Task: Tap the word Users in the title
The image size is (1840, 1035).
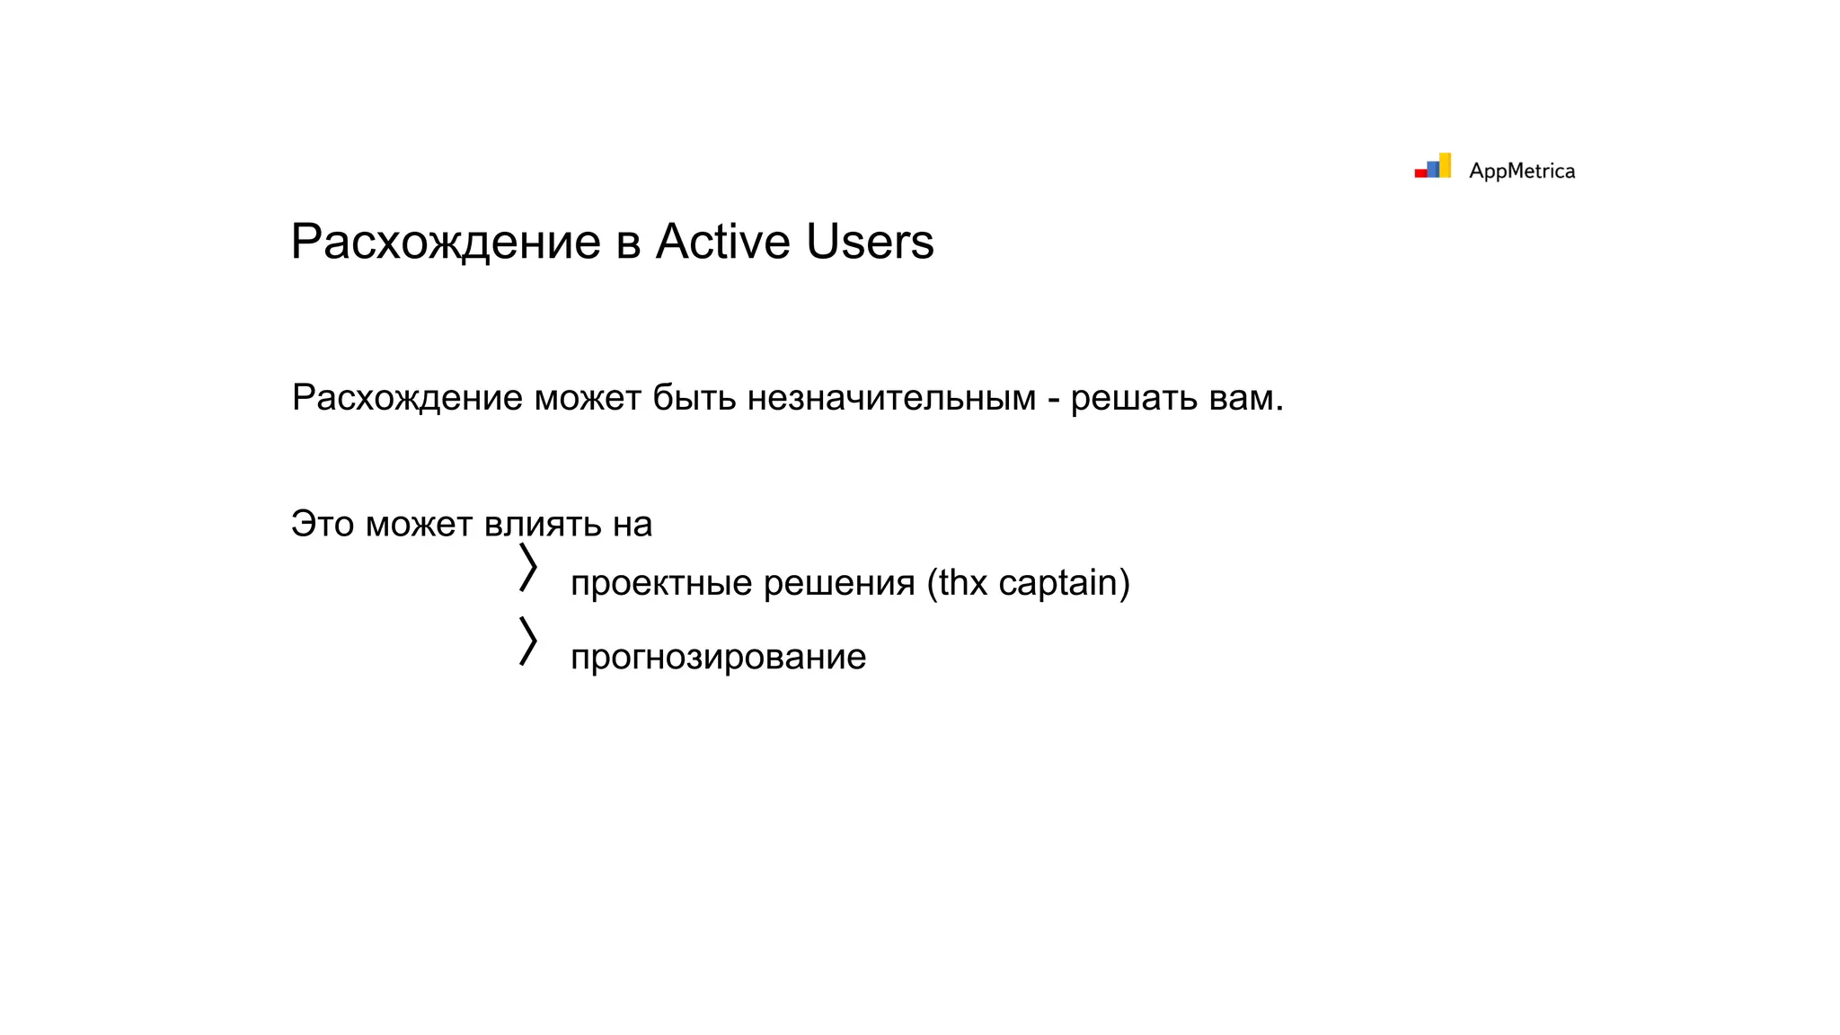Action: coord(870,242)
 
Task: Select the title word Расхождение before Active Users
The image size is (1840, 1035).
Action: coord(446,242)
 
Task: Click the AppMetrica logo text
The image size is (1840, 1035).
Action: coord(1521,171)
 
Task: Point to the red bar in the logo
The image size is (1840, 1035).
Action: coord(1420,173)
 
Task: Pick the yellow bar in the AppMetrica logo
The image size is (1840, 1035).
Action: coord(1445,164)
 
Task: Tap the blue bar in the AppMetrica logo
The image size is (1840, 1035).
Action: coord(1433,169)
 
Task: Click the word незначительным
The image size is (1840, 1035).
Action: coord(891,397)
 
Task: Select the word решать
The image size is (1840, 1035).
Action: coord(1134,397)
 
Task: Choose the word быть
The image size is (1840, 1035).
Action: coord(694,397)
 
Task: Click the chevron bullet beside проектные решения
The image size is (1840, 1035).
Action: coord(528,567)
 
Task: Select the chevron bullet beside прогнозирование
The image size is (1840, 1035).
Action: coord(528,641)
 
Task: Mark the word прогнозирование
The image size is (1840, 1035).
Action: coord(718,657)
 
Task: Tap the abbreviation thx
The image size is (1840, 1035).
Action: coord(963,583)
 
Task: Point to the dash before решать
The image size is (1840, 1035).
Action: coord(1053,399)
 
